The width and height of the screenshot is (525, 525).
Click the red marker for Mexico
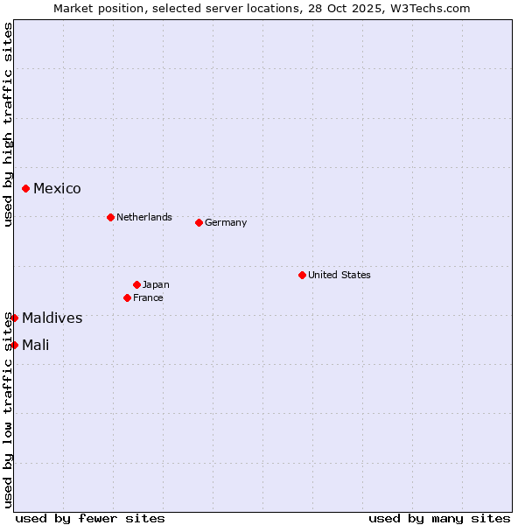pos(26,188)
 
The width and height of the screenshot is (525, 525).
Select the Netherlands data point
pos(110,217)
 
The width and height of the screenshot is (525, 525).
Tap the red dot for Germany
pos(199,222)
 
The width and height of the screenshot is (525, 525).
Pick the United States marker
pos(302,275)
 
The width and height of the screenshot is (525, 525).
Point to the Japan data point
pos(136,284)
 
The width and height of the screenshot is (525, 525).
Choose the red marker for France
pos(128,297)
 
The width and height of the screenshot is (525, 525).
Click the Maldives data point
pos(15,318)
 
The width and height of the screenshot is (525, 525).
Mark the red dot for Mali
pos(15,345)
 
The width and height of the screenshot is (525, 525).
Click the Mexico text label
pos(57,189)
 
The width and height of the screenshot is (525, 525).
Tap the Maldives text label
pos(52,318)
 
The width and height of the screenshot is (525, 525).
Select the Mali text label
pos(36,346)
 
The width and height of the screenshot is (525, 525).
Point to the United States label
pos(339,275)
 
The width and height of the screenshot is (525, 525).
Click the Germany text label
pos(226,222)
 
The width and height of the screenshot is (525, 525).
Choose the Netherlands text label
pos(144,217)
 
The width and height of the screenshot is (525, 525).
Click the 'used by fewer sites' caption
pos(90,518)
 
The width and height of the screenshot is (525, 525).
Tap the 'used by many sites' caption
pos(439,518)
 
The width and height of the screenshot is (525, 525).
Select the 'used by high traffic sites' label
pos(9,125)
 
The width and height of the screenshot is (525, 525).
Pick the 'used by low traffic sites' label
pos(9,409)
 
